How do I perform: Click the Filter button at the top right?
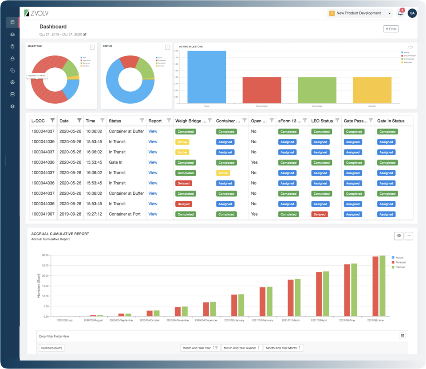coord(391,29)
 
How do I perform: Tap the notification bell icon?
coord(400,13)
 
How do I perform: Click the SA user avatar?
coord(412,13)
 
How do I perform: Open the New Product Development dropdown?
coord(360,13)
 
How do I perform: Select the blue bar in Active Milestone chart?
coord(206,77)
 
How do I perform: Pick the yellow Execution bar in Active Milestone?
coord(372,90)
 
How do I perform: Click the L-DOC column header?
coord(39,121)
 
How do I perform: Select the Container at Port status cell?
coord(125,214)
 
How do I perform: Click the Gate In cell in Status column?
coord(115,162)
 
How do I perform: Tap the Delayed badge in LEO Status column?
coord(319,214)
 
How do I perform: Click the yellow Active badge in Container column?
coord(223,173)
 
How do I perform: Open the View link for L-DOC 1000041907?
coord(153,214)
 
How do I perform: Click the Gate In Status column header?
coord(390,121)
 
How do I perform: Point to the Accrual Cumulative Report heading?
coord(60,234)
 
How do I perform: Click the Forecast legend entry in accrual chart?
coord(400,262)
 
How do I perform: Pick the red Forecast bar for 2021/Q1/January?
coord(234,305)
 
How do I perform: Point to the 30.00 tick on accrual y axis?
coord(44,255)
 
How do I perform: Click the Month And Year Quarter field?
coord(242,348)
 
